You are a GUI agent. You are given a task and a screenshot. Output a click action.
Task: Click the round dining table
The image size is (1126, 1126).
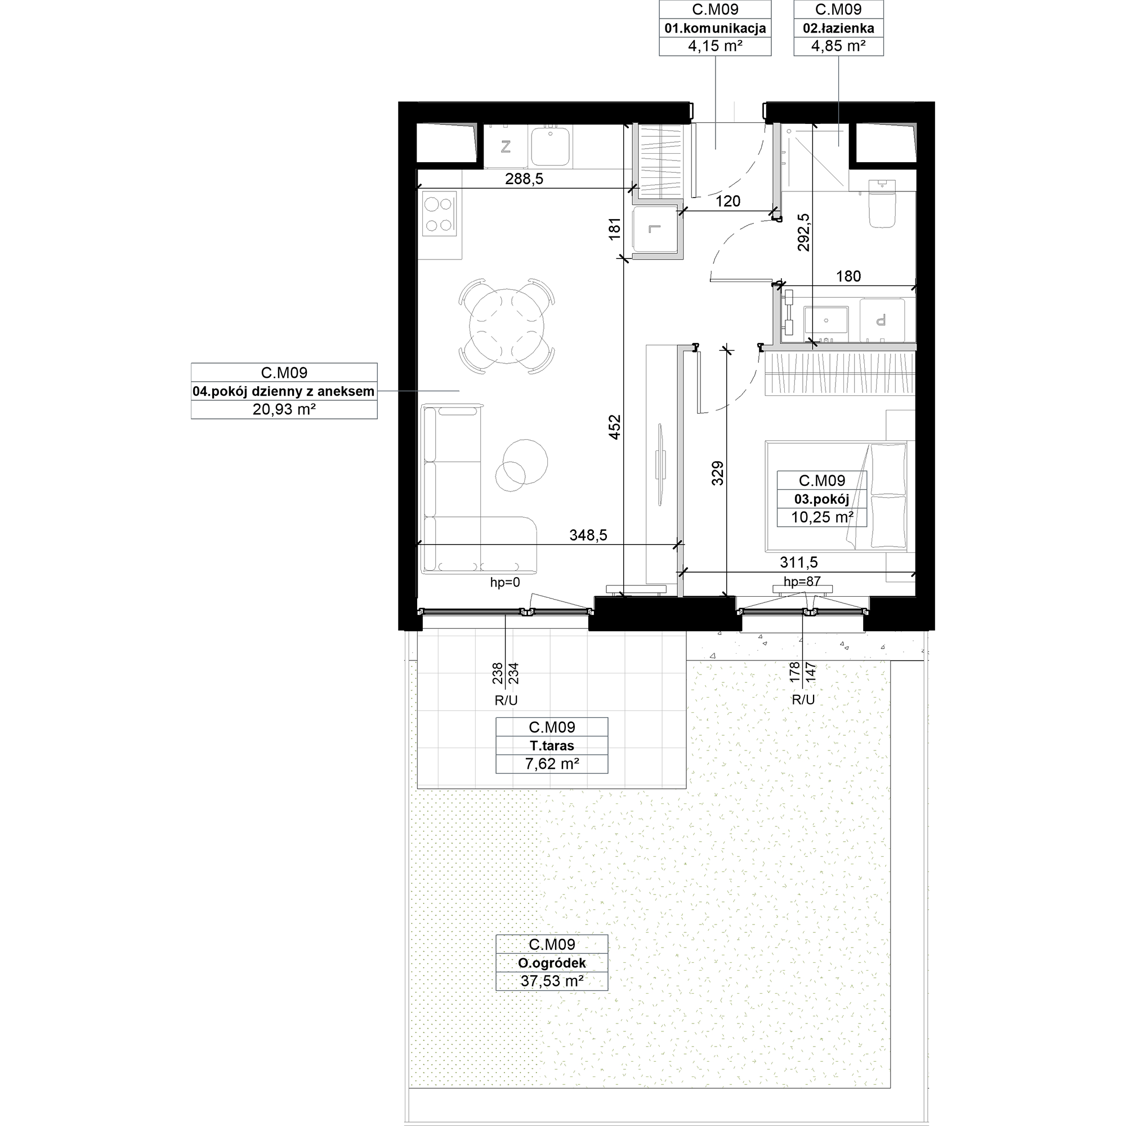click(x=507, y=327)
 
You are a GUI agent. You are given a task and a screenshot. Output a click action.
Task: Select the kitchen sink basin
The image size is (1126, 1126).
click(x=549, y=147)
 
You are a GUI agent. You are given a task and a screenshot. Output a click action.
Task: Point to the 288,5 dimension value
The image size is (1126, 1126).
click(x=524, y=179)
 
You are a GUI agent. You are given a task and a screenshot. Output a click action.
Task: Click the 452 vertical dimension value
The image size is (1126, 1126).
click(x=615, y=427)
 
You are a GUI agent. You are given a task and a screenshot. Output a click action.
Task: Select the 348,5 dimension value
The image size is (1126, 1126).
click(x=588, y=535)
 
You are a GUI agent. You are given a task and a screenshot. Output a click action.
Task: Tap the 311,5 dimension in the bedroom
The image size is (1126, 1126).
click(x=798, y=562)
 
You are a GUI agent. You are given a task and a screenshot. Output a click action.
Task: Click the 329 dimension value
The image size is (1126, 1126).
click(x=717, y=473)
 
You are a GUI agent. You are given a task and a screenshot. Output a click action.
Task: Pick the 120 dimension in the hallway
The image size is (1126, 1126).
click(x=728, y=201)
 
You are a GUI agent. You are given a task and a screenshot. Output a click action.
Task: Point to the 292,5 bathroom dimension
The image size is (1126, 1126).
click(x=804, y=232)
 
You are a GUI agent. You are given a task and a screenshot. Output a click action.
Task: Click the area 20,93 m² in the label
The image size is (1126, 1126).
click(x=284, y=409)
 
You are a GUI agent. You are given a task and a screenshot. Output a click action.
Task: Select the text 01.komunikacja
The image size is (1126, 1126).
click(x=715, y=28)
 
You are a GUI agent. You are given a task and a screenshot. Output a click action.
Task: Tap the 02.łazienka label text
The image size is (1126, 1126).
click(x=838, y=28)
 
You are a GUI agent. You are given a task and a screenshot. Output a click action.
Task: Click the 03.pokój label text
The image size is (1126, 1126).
click(x=822, y=499)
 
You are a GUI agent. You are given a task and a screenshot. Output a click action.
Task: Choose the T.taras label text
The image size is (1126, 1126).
click(x=551, y=745)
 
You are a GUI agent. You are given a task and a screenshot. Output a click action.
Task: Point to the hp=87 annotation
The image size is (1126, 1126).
click(x=802, y=581)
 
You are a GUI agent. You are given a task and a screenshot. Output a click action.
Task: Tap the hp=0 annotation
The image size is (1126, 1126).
click(x=504, y=582)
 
